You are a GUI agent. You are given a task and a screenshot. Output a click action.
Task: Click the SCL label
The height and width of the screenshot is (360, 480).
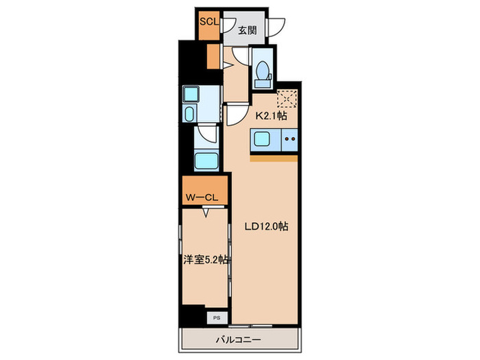coord(209,22)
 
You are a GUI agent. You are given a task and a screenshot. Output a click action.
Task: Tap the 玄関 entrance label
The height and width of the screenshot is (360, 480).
coord(248,30)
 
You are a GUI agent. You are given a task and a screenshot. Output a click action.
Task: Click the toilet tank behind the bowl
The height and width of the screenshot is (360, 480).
coord(263,83)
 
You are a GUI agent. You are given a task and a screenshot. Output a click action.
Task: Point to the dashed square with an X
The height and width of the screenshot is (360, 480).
coord(287,99)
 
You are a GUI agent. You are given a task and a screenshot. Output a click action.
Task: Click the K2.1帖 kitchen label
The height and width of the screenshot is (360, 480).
coord(272,116)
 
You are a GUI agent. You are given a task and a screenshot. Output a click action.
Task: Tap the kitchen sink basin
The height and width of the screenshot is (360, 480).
coord(262,140)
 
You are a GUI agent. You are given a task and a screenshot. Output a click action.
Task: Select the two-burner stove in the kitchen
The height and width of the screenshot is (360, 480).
coord(289,140)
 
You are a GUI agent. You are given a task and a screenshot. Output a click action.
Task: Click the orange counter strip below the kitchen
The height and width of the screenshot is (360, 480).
coord(274,158)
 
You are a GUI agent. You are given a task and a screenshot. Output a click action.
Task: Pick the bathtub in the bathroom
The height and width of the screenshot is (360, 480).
coord(206,161)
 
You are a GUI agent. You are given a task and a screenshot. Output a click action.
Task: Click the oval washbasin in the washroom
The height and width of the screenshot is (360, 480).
coord(190,114)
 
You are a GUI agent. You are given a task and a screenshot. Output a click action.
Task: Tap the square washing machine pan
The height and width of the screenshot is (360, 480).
coord(191,95)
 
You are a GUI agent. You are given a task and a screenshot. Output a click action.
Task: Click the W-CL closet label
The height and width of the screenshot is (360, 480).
coord(202,197)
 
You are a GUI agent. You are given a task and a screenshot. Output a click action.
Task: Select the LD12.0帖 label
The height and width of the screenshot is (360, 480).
coord(266,226)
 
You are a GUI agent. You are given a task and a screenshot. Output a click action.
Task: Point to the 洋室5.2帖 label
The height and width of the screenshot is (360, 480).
coord(206,260)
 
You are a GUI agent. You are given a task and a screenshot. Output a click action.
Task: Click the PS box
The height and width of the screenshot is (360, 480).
coord(217,318)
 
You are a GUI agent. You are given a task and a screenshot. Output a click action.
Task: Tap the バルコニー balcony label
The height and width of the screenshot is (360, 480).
coord(239,340)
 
